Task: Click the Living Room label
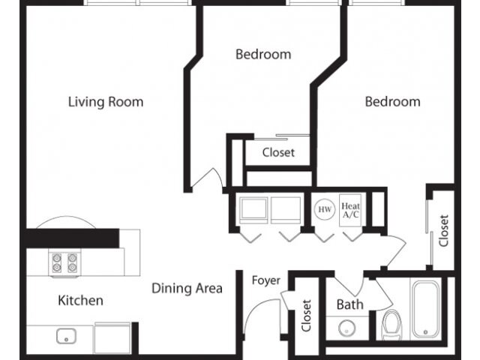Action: [106, 102]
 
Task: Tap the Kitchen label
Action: [80, 301]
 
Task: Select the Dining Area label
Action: [187, 288]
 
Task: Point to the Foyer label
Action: [265, 280]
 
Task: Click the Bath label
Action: [349, 304]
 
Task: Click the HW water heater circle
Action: [325, 209]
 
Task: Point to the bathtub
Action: [428, 309]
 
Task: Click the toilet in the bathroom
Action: [391, 325]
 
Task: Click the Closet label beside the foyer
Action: [306, 316]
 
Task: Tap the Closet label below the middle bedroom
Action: [278, 152]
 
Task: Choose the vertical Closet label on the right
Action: [444, 230]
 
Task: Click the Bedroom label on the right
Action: [392, 101]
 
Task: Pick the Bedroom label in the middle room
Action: [263, 54]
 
